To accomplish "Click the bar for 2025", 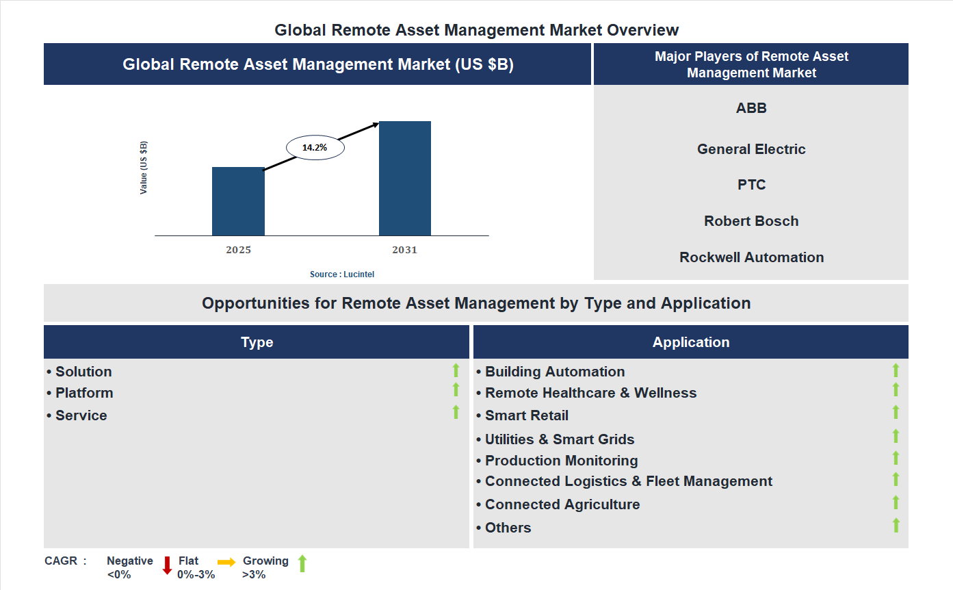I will [x=238, y=201].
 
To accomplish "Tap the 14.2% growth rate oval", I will [x=315, y=147].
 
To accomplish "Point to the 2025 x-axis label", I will [x=238, y=250].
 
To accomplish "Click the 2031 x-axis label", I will [x=404, y=250].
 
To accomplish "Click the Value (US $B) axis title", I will [x=144, y=168].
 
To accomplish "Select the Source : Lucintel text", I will [x=342, y=274].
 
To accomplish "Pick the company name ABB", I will [x=751, y=108].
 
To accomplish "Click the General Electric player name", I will [x=751, y=149].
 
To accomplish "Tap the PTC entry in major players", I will [x=751, y=185].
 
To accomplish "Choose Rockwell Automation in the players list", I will [x=751, y=257].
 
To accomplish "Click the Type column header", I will [x=257, y=342].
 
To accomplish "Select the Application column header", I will [x=690, y=342].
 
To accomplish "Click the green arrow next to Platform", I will [x=456, y=389].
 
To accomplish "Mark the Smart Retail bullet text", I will [x=526, y=415].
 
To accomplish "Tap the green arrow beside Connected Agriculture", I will [x=896, y=502].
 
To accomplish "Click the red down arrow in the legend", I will [x=167, y=565].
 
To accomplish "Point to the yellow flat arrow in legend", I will [x=226, y=562].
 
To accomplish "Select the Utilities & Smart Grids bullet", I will [x=559, y=439].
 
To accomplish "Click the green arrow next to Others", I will [x=896, y=526].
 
